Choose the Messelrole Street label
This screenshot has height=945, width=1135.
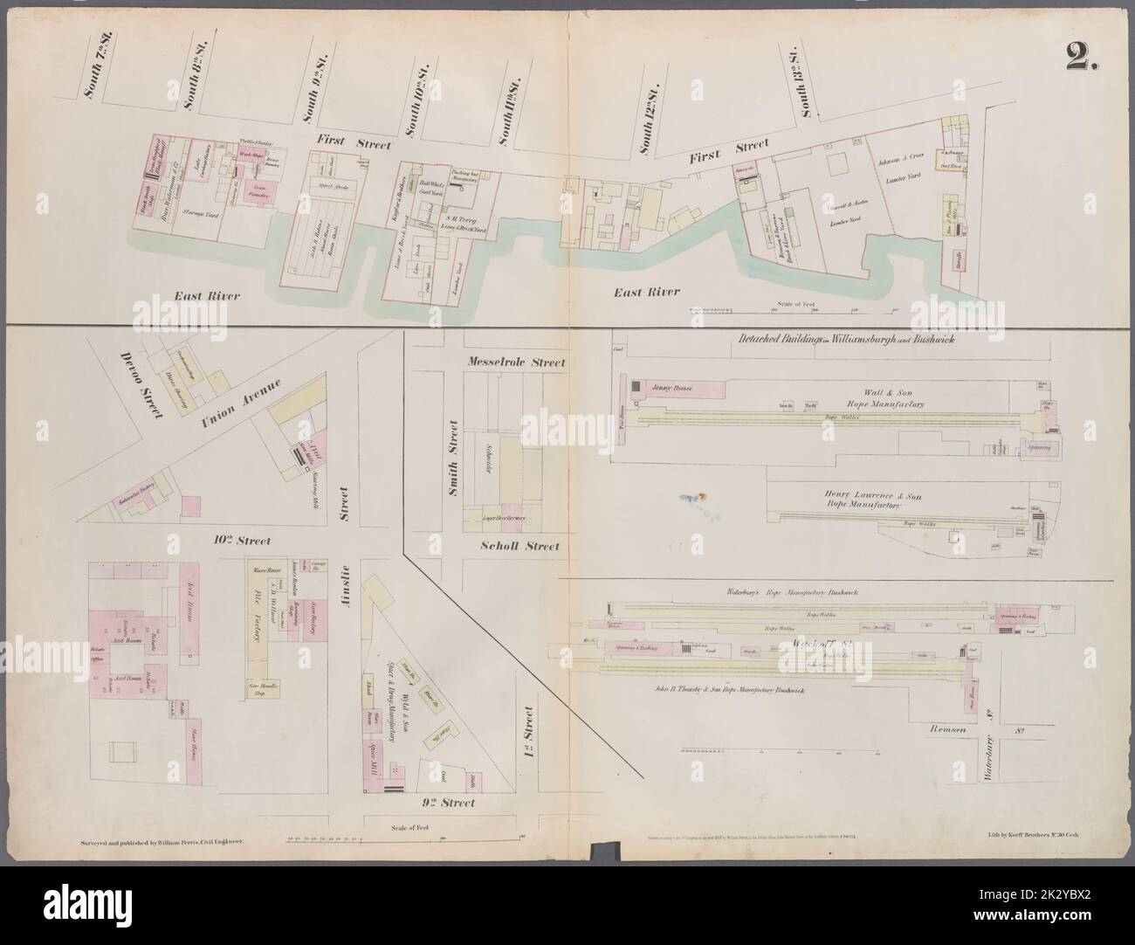pyautogui.click(x=516, y=362)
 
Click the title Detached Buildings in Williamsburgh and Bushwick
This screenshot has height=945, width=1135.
pyautogui.click(x=831, y=340)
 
